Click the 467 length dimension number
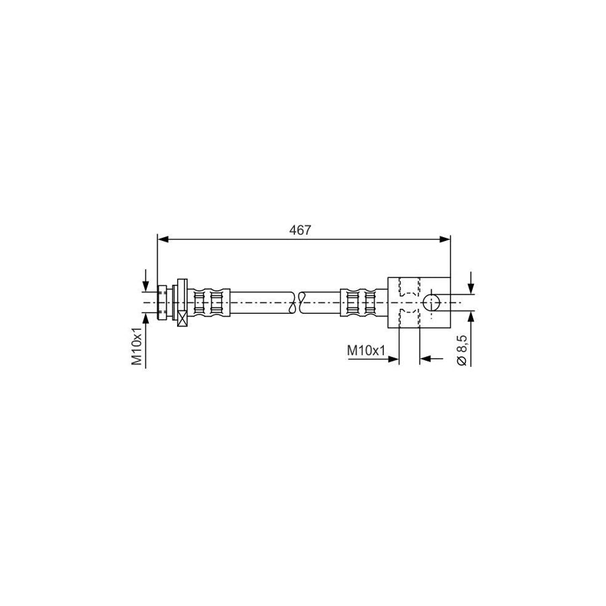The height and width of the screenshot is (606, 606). (x=300, y=230)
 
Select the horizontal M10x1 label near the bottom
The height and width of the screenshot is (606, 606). (x=366, y=351)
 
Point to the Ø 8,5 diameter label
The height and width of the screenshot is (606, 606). (x=462, y=350)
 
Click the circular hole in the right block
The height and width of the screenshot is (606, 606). (x=432, y=302)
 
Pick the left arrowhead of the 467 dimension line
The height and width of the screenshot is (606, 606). (x=163, y=240)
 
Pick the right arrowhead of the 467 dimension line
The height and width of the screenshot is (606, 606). (x=445, y=240)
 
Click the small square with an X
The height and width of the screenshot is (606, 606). (x=182, y=318)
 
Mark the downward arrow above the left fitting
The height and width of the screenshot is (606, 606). (x=145, y=280)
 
